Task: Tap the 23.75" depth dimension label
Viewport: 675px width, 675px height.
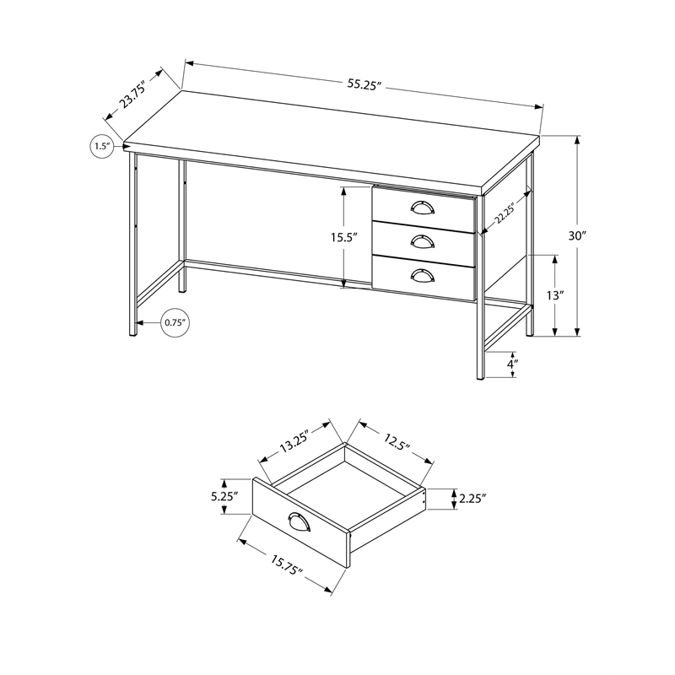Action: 133,98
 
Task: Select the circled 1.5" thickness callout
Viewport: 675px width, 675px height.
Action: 102,147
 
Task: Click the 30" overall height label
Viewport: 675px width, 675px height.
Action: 576,236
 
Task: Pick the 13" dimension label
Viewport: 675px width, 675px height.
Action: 554,295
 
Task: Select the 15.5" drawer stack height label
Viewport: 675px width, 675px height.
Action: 343,239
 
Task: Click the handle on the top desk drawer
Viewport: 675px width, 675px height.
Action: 422,208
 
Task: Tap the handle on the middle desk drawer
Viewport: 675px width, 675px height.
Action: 422,241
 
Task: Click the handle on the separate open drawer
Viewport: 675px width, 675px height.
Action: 299,522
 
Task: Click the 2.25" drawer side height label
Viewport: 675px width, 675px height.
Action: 473,499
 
